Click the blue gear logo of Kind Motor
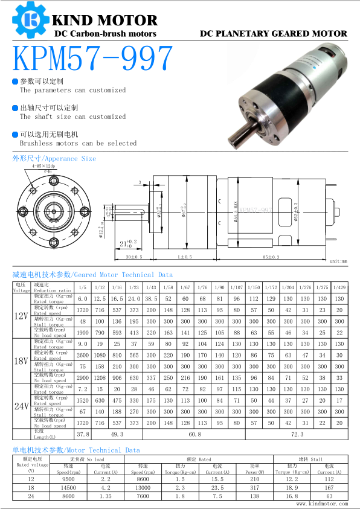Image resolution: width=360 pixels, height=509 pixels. (28, 21)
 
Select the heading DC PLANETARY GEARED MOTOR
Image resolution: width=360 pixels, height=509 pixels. (274, 34)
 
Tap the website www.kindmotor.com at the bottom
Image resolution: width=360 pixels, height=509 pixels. (322, 503)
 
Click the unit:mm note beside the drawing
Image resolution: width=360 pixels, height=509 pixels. (338, 261)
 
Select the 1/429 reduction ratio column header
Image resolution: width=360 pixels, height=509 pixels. (339, 287)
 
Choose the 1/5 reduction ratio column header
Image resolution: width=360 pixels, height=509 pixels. (83, 287)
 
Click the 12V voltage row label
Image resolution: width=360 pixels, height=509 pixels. (22, 315)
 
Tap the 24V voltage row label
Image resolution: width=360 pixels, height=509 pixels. (22, 406)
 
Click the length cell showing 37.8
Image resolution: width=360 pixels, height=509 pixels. (83, 434)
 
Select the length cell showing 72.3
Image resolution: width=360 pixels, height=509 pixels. (296, 434)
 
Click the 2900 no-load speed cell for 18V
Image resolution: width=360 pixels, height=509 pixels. (83, 377)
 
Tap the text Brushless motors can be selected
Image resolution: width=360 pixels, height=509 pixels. (79, 144)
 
